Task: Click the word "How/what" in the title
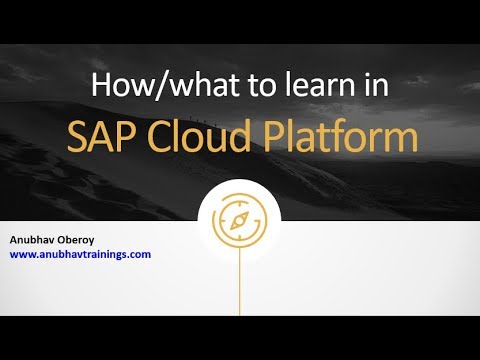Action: (x=150, y=85)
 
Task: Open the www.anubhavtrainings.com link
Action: (x=81, y=254)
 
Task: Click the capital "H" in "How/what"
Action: (x=101, y=85)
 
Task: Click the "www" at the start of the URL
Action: (x=23, y=254)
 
